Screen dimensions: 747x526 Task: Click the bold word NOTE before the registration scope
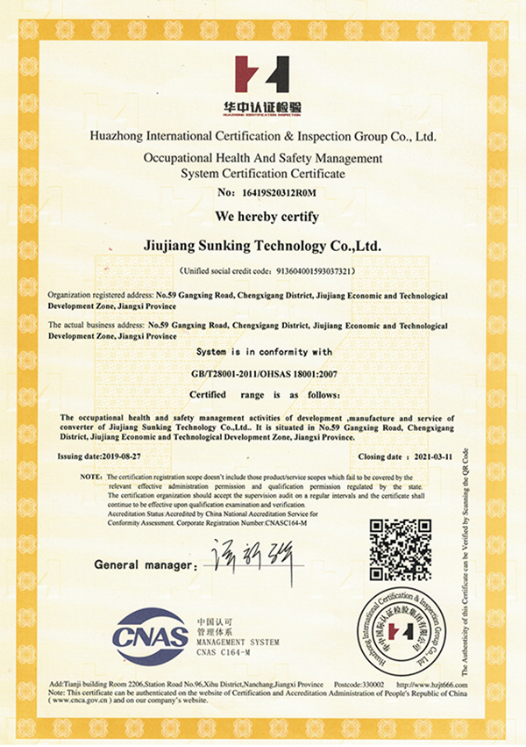click(91, 475)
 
